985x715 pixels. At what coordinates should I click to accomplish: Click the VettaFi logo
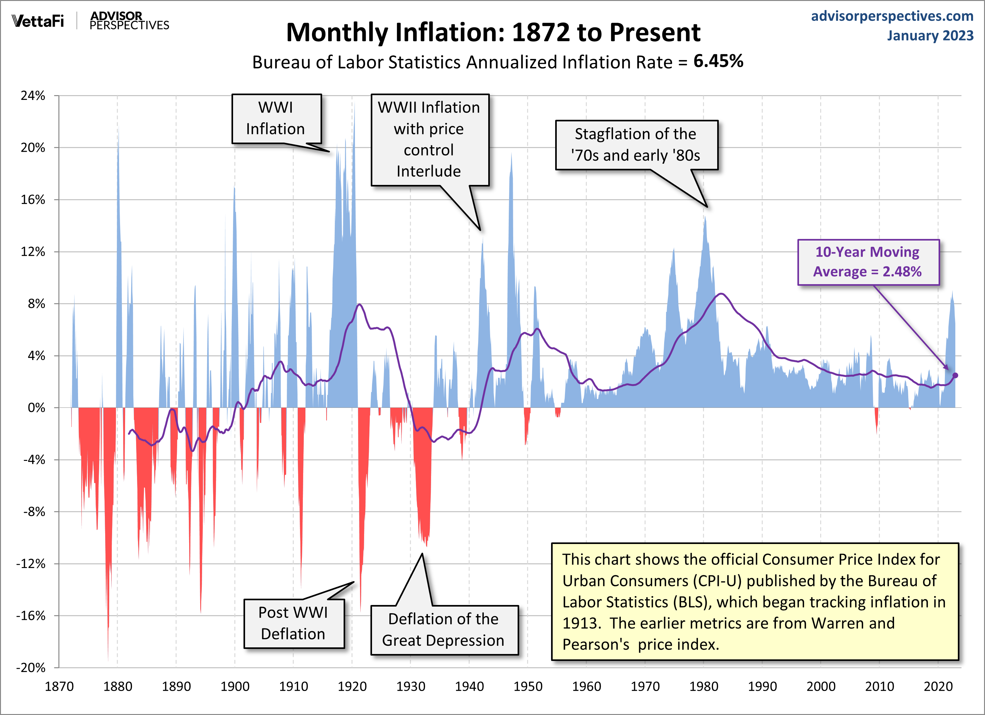point(38,21)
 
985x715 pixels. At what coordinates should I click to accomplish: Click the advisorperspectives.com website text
point(892,16)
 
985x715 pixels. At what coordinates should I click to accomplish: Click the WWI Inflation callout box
point(277,118)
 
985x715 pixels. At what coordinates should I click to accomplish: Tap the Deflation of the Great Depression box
point(444,629)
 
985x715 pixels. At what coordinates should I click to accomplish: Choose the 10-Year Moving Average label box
point(868,262)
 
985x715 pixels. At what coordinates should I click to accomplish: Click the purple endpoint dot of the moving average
point(955,375)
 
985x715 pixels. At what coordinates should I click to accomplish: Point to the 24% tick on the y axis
point(33,96)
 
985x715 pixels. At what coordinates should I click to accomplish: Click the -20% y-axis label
point(31,668)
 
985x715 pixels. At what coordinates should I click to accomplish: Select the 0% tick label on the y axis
point(37,408)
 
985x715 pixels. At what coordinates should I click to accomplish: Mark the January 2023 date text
point(930,36)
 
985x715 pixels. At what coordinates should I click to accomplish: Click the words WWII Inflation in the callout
point(429,107)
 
